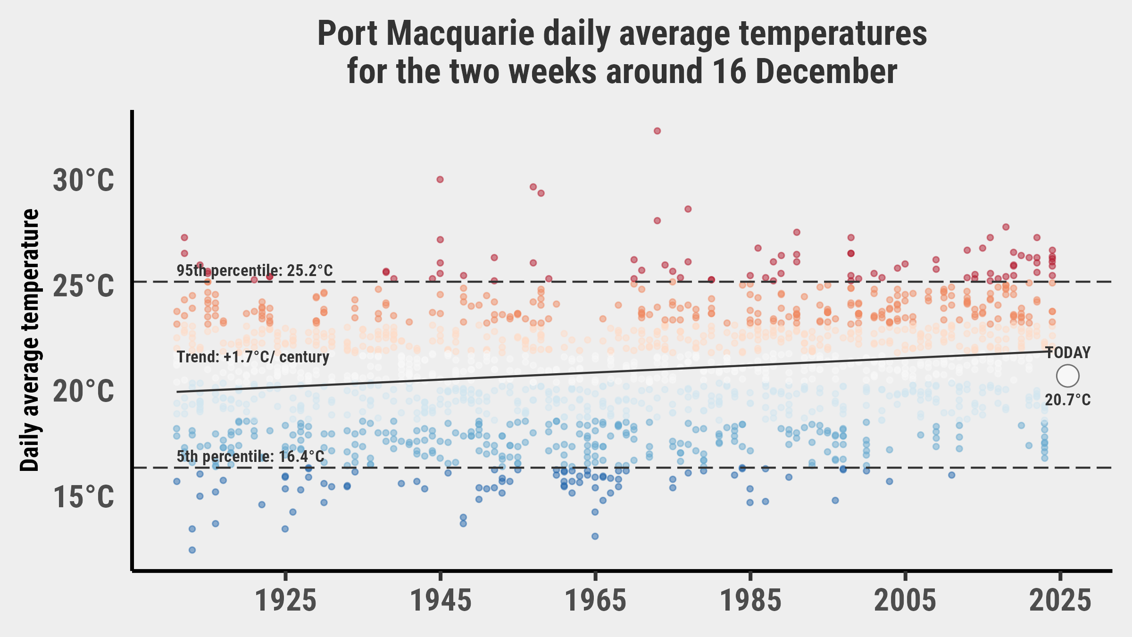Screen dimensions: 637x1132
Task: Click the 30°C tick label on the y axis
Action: pyautogui.click(x=83, y=181)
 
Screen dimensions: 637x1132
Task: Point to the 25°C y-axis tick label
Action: pyautogui.click(x=83, y=286)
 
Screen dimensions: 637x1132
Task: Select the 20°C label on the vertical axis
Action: pyautogui.click(x=83, y=392)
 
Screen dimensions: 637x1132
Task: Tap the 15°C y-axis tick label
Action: pyautogui.click(x=83, y=497)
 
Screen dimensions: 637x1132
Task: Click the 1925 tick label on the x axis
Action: pyautogui.click(x=285, y=601)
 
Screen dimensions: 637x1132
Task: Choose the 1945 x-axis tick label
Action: pyautogui.click(x=441, y=601)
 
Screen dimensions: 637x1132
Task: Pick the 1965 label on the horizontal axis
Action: pyautogui.click(x=596, y=601)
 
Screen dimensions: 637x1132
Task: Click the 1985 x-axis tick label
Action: pyautogui.click(x=750, y=601)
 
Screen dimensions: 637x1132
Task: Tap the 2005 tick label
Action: pyautogui.click(x=905, y=601)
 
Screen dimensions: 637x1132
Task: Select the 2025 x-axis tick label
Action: pyautogui.click(x=1060, y=601)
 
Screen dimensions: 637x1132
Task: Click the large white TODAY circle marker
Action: pyautogui.click(x=1068, y=376)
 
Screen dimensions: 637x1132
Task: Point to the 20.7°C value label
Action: pyautogui.click(x=1068, y=400)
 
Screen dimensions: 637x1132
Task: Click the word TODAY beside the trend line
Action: pyautogui.click(x=1068, y=353)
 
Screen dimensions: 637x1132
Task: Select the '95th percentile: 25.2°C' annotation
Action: pyautogui.click(x=255, y=271)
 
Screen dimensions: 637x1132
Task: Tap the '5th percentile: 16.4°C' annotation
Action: pyautogui.click(x=250, y=457)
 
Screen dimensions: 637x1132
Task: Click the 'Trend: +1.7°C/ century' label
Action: pyautogui.click(x=253, y=357)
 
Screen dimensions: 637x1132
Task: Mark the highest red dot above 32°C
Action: pyautogui.click(x=657, y=131)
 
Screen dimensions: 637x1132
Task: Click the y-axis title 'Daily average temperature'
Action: pyautogui.click(x=31, y=340)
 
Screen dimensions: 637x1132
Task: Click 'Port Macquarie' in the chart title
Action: pyautogui.click(x=425, y=34)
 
